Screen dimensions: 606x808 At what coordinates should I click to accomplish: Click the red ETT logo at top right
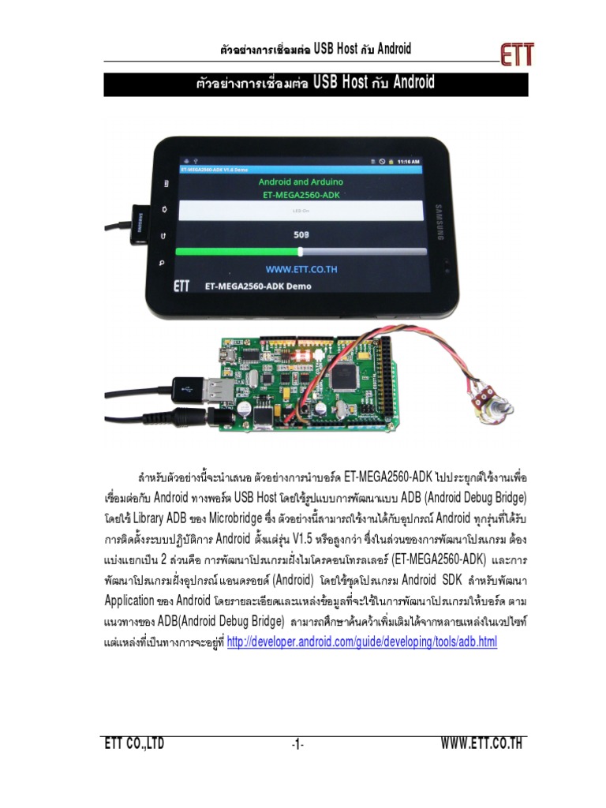point(517,54)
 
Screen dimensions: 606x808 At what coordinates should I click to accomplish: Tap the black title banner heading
point(316,84)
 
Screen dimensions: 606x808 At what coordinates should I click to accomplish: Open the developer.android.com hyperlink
point(361,642)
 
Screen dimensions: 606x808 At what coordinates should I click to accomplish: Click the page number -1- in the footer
point(297,744)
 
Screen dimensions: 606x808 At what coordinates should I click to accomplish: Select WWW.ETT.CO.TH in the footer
point(482,743)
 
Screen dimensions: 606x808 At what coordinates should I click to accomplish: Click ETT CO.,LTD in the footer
point(134,743)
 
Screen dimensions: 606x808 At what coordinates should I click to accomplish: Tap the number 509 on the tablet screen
point(301,234)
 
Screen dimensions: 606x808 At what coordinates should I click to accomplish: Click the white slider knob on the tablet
point(301,251)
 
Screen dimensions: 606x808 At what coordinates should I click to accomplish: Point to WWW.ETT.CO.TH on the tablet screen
point(301,269)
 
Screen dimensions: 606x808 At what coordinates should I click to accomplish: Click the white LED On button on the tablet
point(302,211)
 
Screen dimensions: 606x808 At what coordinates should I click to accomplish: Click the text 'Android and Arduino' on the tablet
point(301,181)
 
